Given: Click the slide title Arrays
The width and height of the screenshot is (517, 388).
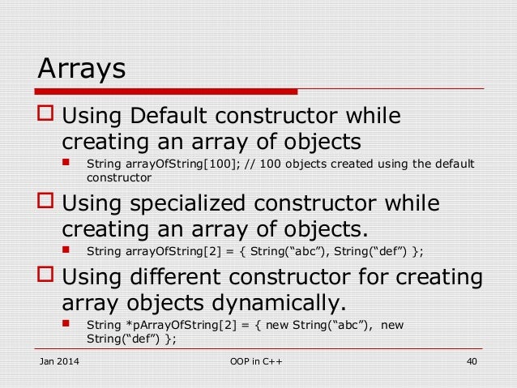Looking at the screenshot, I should (82, 68).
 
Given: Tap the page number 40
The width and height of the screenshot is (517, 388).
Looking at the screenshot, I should (470, 360).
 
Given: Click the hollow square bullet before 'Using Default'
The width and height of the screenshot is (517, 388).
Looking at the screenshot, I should (45, 117).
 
